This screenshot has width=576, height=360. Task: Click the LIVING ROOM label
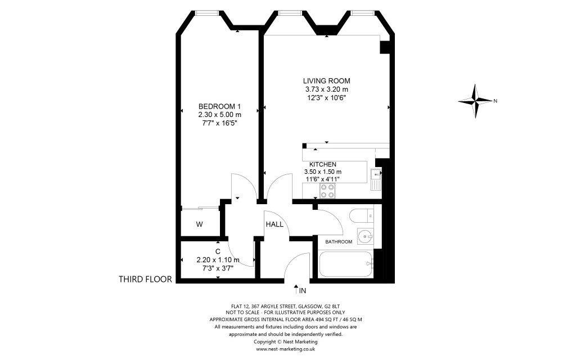coord(326,80)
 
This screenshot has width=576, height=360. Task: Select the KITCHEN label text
coord(322,164)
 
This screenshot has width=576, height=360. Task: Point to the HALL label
coord(274,224)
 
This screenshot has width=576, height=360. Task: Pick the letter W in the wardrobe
coord(199,224)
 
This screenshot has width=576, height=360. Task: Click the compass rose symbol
coord(476,101)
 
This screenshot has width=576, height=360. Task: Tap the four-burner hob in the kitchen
coord(327,191)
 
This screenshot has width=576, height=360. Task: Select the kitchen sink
coord(376,179)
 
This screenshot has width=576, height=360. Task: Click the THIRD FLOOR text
coord(145,279)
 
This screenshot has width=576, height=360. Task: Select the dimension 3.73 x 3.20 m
coord(326,89)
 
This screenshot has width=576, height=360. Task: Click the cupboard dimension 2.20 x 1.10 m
coord(218,260)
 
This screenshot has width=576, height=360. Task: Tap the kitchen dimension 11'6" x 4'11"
coord(323,179)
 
